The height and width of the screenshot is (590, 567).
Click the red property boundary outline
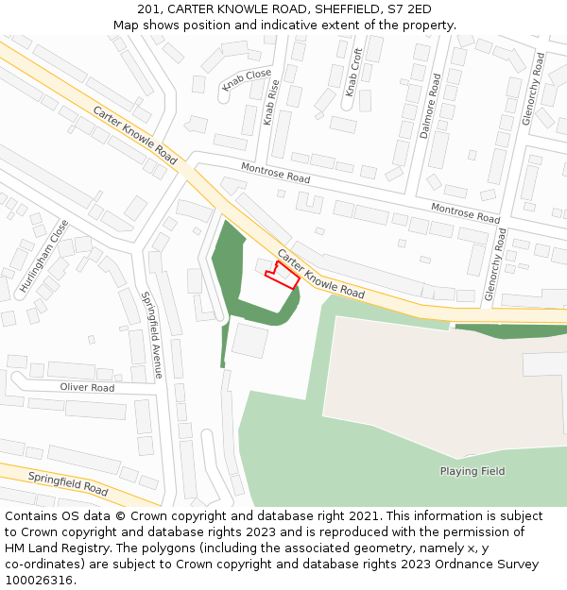tap(283, 275)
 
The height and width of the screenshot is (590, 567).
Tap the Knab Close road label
tap(246, 80)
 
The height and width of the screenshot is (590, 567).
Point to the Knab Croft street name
tap(353, 73)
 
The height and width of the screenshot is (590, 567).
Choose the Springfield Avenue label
tap(152, 334)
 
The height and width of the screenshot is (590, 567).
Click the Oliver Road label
tap(87, 388)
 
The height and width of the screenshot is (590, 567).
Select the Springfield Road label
tap(67, 483)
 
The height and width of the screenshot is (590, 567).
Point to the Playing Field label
tap(472, 471)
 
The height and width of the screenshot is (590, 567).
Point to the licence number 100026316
tap(40, 581)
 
